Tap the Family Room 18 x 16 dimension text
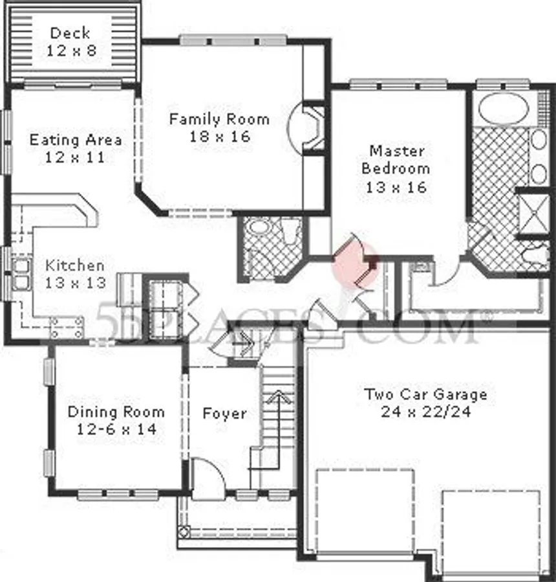pos(219,137)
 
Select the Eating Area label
pos(76,140)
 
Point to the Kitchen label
pos(74,265)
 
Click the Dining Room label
pos(116,412)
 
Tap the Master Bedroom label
pos(396,159)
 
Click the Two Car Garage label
pos(425,394)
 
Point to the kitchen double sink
pos(19,273)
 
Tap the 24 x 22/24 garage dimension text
pos(425,412)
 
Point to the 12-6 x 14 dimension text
pos(116,429)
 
